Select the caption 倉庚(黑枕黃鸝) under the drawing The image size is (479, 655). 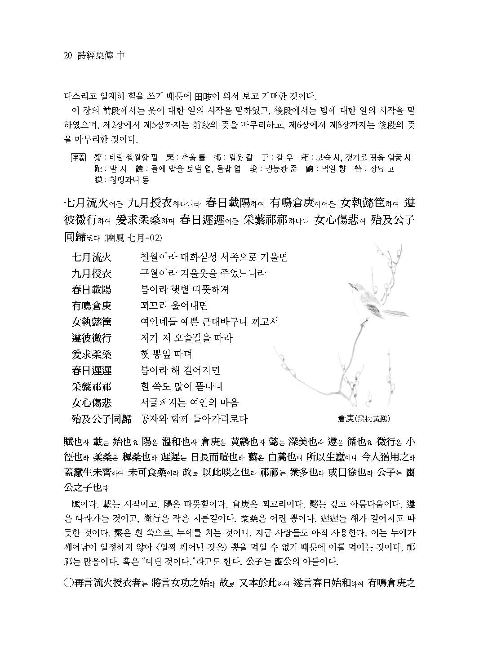point(364,419)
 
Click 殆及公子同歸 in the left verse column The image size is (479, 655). point(102,419)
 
